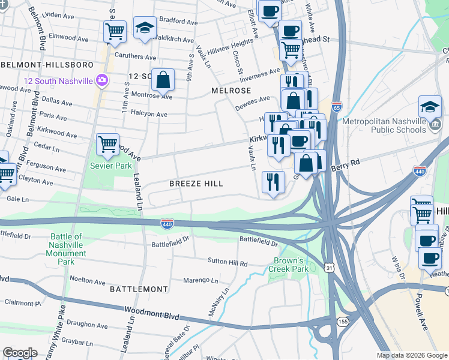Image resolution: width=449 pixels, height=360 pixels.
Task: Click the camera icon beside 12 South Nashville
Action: click(101, 80)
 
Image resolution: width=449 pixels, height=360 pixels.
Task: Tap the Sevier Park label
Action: click(110, 166)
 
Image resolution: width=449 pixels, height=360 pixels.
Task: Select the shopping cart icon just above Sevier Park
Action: click(107, 144)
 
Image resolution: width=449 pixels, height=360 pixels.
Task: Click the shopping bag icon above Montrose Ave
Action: click(163, 79)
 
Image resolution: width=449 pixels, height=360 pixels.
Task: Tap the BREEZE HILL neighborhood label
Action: click(196, 184)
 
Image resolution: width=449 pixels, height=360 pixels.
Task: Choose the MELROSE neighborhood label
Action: click(231, 90)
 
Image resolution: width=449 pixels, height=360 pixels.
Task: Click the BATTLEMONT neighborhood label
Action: click(139, 289)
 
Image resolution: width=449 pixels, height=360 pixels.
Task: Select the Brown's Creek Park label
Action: click(291, 265)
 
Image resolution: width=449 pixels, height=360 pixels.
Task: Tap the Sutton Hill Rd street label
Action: click(228, 262)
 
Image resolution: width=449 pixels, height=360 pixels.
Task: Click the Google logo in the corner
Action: click(20, 353)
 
